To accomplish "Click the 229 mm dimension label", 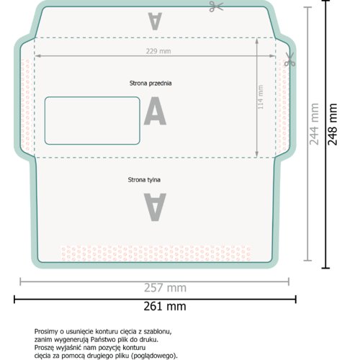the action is pos(158,51).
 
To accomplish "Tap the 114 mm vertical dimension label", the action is pos(261,97).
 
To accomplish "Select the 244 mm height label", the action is pos(314,124).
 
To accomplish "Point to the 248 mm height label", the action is pos(333,124).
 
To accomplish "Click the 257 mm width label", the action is pos(165,288).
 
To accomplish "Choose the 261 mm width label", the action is pos(165,307).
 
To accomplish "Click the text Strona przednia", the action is pos(150,84).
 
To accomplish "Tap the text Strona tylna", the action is pos(144,180).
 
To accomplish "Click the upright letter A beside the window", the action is pos(155,111).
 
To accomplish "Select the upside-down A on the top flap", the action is pos(155,22).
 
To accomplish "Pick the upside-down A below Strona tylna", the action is pos(155,207).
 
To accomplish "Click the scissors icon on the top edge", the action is pos(216,6).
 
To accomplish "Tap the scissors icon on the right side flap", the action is pos(289,59).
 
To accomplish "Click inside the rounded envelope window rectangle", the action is pos(92,121).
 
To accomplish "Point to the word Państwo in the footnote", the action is pos(103,340).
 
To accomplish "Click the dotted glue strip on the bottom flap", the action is pos(156,253).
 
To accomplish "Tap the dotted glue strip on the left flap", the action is pos(27,107).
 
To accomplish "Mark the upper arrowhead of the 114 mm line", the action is pos(257,41).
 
